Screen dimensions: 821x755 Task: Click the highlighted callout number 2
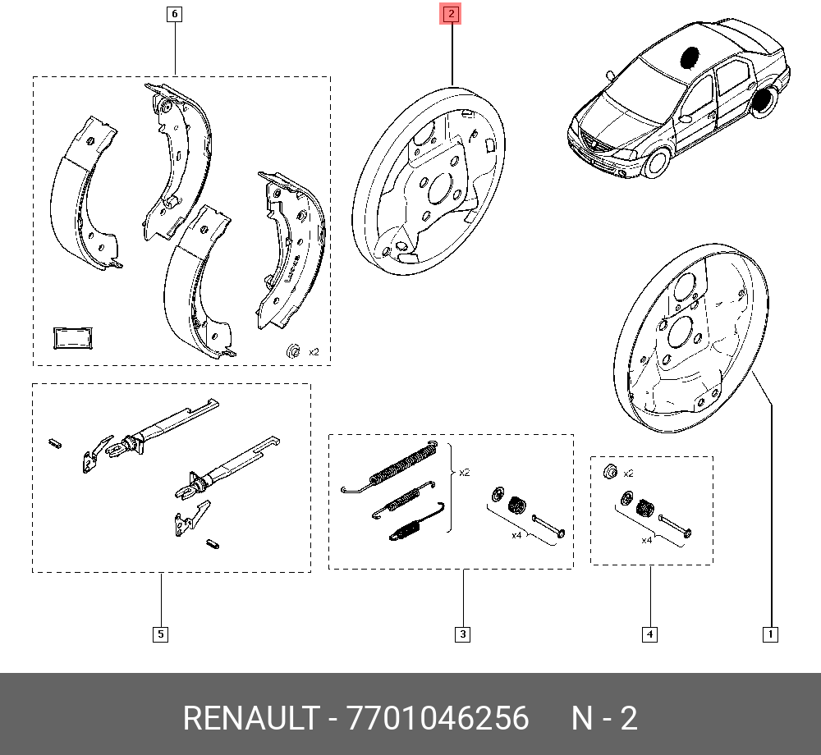pos(452,14)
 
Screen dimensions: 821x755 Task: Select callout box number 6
pos(174,14)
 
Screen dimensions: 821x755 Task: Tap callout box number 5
pos(160,634)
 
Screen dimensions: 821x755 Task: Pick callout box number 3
pos(463,634)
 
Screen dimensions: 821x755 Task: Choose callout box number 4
pos(649,634)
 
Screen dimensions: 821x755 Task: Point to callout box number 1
pos(770,634)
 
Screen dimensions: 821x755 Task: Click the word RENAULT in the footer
pos(250,719)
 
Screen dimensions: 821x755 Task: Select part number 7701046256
pos(438,719)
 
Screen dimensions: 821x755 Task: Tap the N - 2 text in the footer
pos(604,719)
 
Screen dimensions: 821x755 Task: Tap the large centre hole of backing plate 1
pos(682,332)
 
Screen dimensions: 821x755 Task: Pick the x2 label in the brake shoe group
pos(313,351)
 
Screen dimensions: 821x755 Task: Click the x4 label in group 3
pos(516,535)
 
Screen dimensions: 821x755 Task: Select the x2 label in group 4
pos(629,474)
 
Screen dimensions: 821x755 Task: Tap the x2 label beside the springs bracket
pos(465,473)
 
